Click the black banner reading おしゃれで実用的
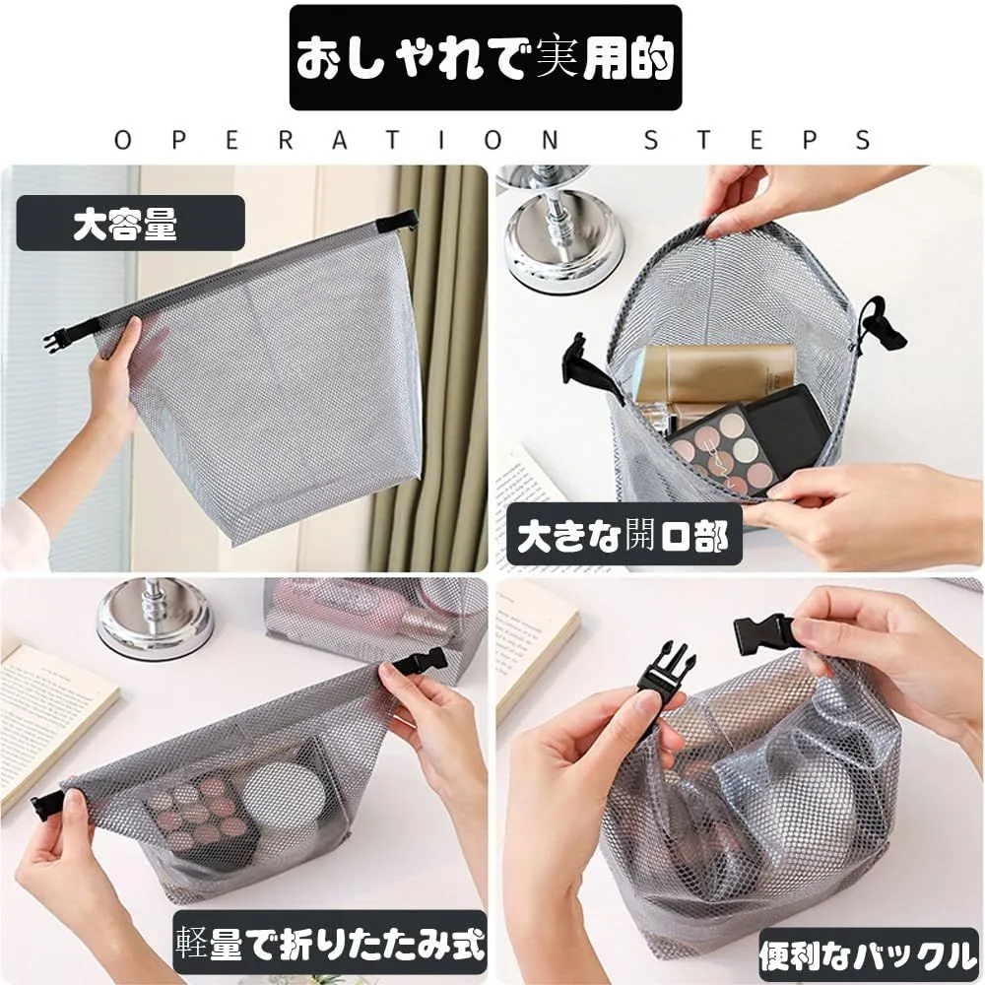pos(486,58)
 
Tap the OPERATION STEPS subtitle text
pos(493,140)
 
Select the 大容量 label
pos(131,223)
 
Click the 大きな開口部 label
pos(624,535)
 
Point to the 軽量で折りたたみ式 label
pos(330,943)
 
